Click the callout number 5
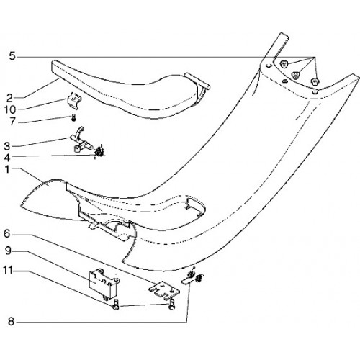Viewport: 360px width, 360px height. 12,57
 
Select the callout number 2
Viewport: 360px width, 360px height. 9,98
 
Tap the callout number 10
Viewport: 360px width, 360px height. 10,110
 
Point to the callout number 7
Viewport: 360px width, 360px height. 12,122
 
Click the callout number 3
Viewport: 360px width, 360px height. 7,146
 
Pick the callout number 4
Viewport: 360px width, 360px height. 7,158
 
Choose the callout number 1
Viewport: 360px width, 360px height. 7,169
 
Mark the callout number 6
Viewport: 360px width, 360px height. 7,233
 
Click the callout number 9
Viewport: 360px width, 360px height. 8,251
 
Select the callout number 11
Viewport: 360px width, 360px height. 8,270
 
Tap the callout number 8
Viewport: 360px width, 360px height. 11,321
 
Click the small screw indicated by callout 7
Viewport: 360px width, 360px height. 74,117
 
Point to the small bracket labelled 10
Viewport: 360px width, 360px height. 73,100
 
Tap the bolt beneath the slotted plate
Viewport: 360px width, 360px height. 171,305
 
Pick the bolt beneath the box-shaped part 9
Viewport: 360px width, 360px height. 116,305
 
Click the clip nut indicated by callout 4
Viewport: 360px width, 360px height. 99,152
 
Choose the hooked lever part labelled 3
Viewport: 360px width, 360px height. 81,140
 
